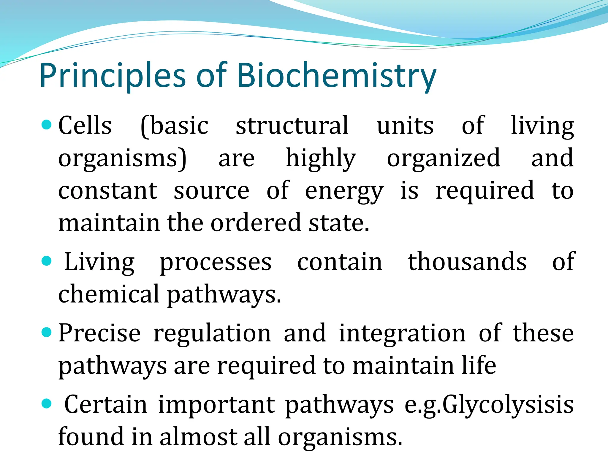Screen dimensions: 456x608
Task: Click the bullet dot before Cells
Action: (x=47, y=125)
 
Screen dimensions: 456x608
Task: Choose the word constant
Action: (x=108, y=191)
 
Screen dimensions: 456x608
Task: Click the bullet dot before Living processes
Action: (x=47, y=262)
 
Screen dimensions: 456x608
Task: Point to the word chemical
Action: (x=109, y=294)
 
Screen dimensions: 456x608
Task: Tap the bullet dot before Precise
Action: (x=47, y=332)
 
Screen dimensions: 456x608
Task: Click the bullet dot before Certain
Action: (x=47, y=404)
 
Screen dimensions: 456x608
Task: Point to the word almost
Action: (x=198, y=437)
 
